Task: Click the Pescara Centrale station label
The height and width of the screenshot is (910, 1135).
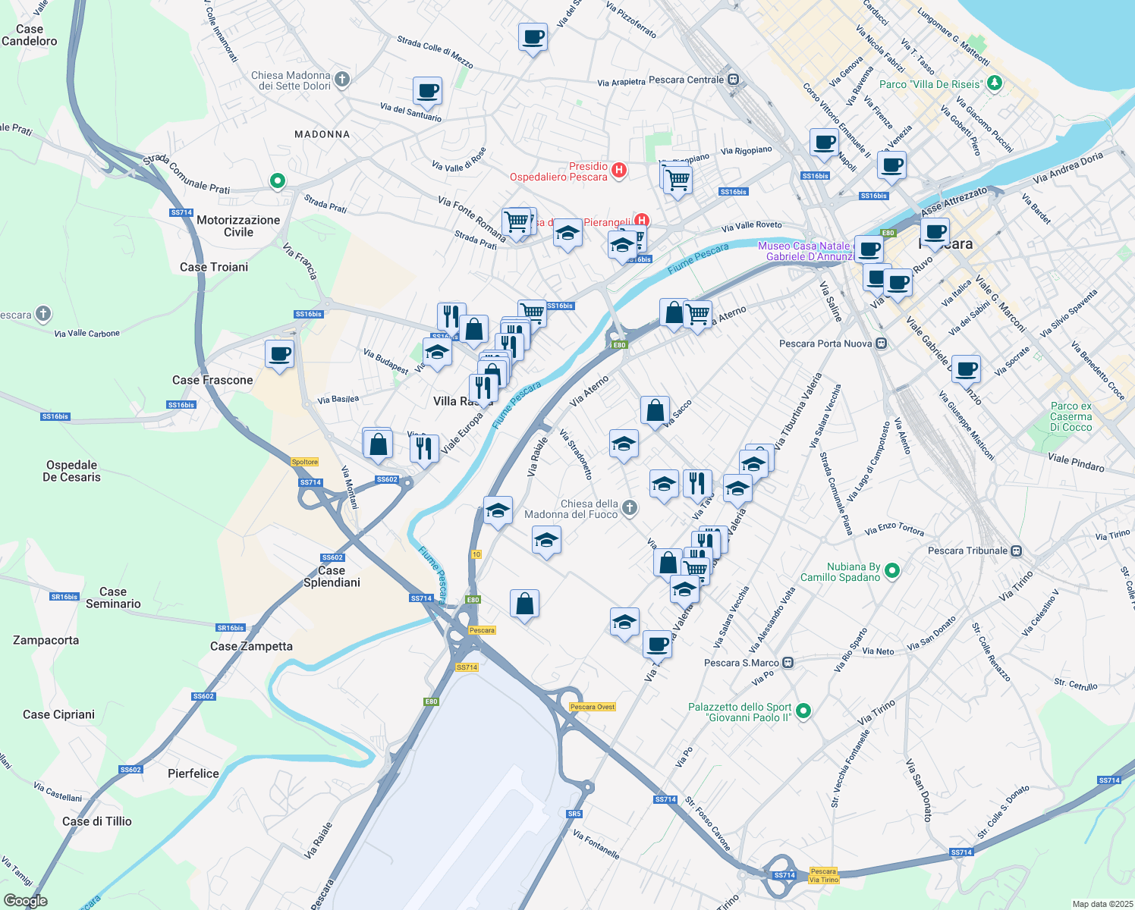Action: coord(687,80)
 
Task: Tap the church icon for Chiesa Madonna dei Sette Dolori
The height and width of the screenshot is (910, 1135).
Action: coord(342,79)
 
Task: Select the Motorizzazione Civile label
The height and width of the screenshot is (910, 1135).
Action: coord(238,226)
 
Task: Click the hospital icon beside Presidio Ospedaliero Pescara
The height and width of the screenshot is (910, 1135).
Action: coord(619,170)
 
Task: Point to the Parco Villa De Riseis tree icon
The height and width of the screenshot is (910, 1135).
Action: coord(995,83)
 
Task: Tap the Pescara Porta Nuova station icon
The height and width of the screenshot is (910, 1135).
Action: coord(881,344)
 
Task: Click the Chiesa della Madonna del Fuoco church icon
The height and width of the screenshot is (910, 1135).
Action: coord(629,508)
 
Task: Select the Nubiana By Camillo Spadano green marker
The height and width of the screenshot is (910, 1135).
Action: coord(892,570)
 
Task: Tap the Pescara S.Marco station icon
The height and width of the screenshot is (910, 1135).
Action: coord(788,663)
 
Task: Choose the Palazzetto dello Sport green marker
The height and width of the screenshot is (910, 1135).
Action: coord(803,711)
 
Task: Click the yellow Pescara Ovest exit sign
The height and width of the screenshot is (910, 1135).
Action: coord(593,707)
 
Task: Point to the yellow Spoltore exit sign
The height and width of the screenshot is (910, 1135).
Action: coord(305,462)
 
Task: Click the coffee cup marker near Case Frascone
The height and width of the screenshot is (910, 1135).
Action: coord(280,353)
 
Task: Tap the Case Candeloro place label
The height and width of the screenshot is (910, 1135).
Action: coord(30,35)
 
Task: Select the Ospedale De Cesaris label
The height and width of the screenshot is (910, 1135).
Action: coord(72,471)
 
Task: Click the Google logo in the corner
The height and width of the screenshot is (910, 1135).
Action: coord(26,901)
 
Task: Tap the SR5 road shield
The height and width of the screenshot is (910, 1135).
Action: coord(574,814)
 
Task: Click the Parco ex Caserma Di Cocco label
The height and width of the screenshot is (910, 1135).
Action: coord(1071,416)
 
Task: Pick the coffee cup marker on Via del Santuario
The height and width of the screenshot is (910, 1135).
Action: coord(427,91)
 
